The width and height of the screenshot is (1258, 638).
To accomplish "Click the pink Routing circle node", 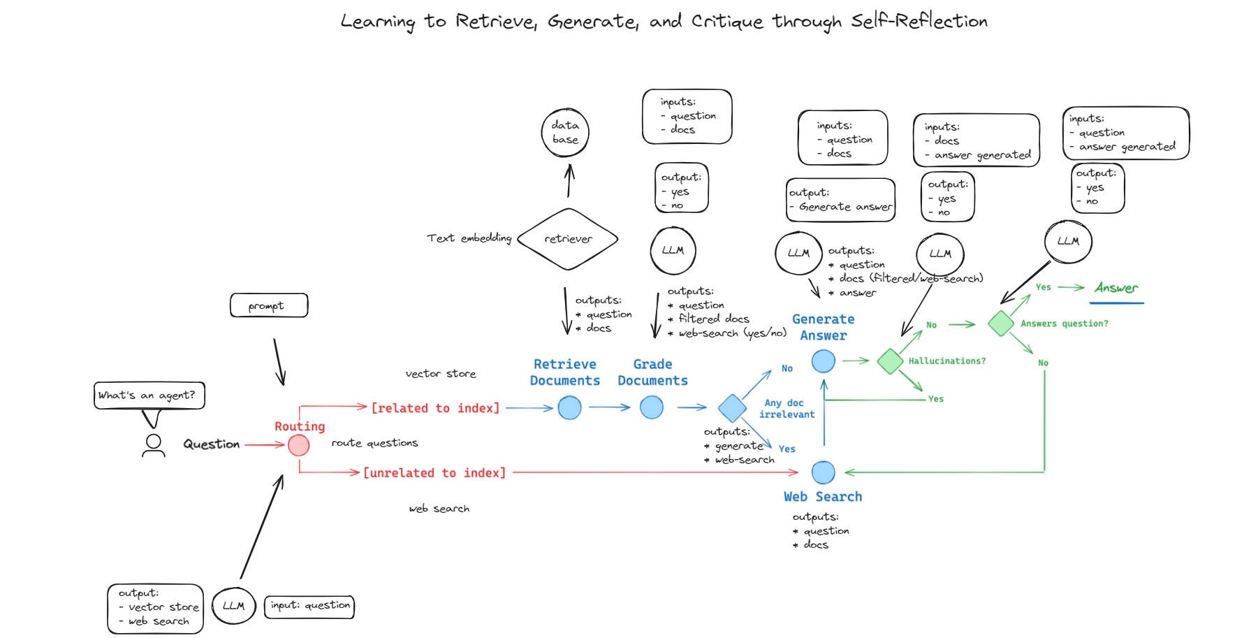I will click(298, 445).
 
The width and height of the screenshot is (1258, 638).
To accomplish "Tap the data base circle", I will click(565, 133).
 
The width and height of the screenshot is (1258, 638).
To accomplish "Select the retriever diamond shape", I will click(568, 239).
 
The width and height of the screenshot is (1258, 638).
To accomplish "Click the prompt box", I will click(269, 305).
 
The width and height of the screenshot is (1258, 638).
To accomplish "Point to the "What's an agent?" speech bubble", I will click(149, 396).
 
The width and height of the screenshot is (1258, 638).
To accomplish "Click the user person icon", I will click(154, 445).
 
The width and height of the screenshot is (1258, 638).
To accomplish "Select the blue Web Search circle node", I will click(823, 472).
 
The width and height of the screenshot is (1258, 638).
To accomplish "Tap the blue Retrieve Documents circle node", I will click(569, 407).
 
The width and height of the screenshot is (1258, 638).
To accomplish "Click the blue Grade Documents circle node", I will click(651, 407).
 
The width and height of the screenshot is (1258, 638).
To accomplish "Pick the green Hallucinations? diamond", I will click(890, 361).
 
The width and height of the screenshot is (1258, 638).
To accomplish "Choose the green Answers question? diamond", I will click(1000, 324).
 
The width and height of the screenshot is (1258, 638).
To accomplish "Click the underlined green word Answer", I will click(1116, 288).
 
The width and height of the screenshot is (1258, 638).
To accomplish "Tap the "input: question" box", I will click(309, 606).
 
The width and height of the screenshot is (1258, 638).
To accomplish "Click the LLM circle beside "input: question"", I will click(233, 606).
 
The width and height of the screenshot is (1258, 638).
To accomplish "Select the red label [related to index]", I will click(435, 408).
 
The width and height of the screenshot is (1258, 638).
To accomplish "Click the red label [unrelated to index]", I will click(434, 473).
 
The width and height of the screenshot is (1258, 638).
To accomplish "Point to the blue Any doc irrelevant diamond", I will click(732, 408).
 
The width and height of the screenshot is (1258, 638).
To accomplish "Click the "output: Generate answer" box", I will click(841, 200).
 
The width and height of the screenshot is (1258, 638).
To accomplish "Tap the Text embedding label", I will click(469, 238).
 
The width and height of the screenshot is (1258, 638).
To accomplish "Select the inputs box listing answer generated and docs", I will click(976, 140).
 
